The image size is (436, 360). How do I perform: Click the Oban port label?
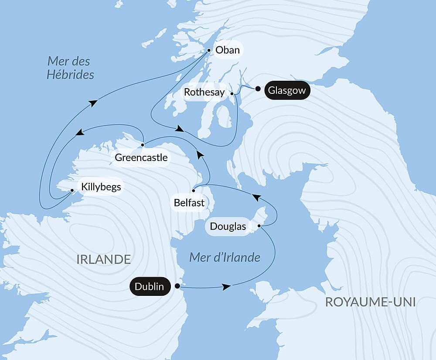click(228, 50)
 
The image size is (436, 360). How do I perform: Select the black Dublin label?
click(150, 286)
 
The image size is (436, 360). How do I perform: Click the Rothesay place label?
click(204, 92)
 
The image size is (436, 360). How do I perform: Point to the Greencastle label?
click(141, 158)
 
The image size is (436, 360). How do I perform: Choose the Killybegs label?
click(100, 187)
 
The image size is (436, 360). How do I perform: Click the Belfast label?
click(189, 203)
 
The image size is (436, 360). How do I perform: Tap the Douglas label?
click(228, 226)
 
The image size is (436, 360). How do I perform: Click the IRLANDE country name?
click(103, 259)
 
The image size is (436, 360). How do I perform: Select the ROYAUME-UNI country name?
click(370, 302)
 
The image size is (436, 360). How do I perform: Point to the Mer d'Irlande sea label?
click(225, 257)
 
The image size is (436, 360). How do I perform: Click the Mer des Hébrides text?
click(70, 68)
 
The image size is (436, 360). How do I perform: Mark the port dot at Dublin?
click(177, 286)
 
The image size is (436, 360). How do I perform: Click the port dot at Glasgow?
click(258, 89)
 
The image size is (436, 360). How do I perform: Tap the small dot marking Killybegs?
click(72, 190)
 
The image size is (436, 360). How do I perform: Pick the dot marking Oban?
click(209, 51)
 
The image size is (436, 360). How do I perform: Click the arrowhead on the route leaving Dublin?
click(226, 287)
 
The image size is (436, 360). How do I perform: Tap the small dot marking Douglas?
click(259, 226)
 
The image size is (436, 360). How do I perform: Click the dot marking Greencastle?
click(143, 144)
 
